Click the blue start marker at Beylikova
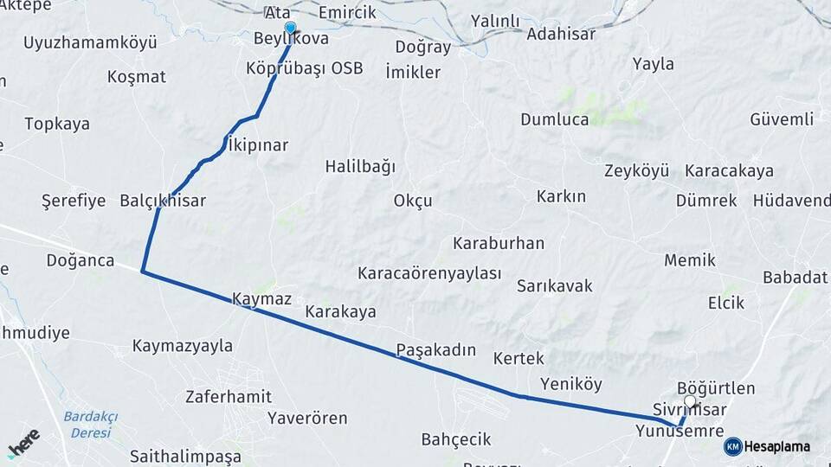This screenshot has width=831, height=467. [290, 28]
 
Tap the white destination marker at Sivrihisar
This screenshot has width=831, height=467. [690, 401]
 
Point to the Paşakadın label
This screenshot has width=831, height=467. [436, 350]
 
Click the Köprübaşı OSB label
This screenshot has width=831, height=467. [304, 67]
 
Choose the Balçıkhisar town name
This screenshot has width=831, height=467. [163, 201]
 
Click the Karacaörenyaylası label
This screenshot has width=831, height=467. [429, 273]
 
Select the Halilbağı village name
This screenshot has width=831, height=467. [360, 166]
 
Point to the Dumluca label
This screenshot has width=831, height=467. [555, 119]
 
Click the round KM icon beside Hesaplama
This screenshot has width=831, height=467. [733, 446]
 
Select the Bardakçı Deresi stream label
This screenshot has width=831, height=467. [90, 424]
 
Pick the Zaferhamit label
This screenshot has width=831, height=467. [229, 397]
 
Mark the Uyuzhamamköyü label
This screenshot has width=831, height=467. [90, 42]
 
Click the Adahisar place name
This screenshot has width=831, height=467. [562, 35]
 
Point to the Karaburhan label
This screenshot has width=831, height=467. [499, 243]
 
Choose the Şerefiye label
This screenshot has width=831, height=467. [74, 201]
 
